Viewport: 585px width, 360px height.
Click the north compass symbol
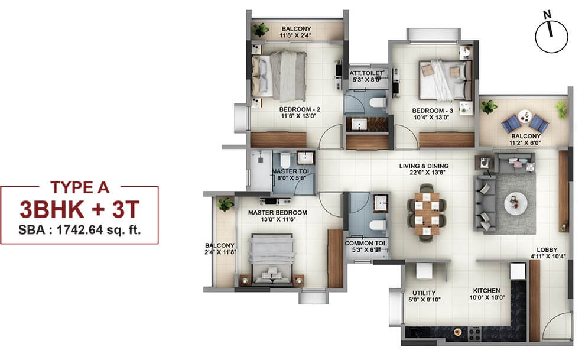point(551,36)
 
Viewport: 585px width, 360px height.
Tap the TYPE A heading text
point(80,187)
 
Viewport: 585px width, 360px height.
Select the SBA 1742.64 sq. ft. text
point(80,229)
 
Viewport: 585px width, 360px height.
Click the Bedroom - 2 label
point(300,112)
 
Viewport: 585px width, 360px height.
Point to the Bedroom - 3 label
point(433,113)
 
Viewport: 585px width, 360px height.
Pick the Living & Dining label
point(424,169)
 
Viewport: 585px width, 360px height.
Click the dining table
point(427,213)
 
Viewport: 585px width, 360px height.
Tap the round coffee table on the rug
point(516,204)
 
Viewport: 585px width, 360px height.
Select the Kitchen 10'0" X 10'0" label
point(487,294)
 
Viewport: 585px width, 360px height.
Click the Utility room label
point(424,296)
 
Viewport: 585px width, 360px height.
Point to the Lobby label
point(548,253)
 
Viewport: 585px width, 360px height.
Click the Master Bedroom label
point(278,216)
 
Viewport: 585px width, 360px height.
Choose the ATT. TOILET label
point(366,76)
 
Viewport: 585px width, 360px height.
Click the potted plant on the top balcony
point(261,30)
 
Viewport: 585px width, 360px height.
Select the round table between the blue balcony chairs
point(524,116)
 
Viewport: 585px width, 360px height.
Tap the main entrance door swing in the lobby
point(557,325)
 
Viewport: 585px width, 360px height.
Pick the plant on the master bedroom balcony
point(226,205)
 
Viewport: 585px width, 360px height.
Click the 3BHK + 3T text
point(79,209)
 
